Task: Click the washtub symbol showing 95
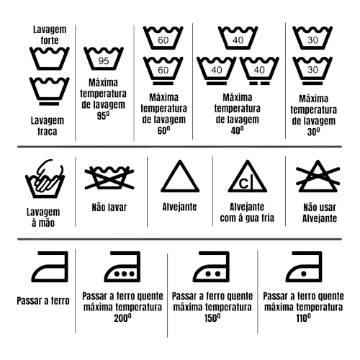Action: point(104,58)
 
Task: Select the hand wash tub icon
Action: point(45,179)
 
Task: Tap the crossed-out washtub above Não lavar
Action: point(109,178)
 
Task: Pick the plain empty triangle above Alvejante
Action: point(180,176)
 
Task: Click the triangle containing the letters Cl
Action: point(248,176)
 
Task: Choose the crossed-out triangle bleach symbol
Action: point(318,176)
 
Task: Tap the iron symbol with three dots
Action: point(122,266)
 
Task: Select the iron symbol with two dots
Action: point(211,266)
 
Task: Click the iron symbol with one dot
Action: point(304,266)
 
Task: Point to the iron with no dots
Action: point(50,266)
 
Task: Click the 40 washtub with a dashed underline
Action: point(259,71)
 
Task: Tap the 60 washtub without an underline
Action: point(163,38)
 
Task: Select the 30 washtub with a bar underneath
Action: point(312,71)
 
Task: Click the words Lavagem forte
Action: point(50,35)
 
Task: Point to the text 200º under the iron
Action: point(122,318)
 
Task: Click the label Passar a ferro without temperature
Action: point(43,301)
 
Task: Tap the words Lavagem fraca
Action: point(48,126)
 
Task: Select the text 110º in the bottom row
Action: point(304,318)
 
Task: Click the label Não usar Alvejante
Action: point(320,213)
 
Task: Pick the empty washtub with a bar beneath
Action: point(50,91)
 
